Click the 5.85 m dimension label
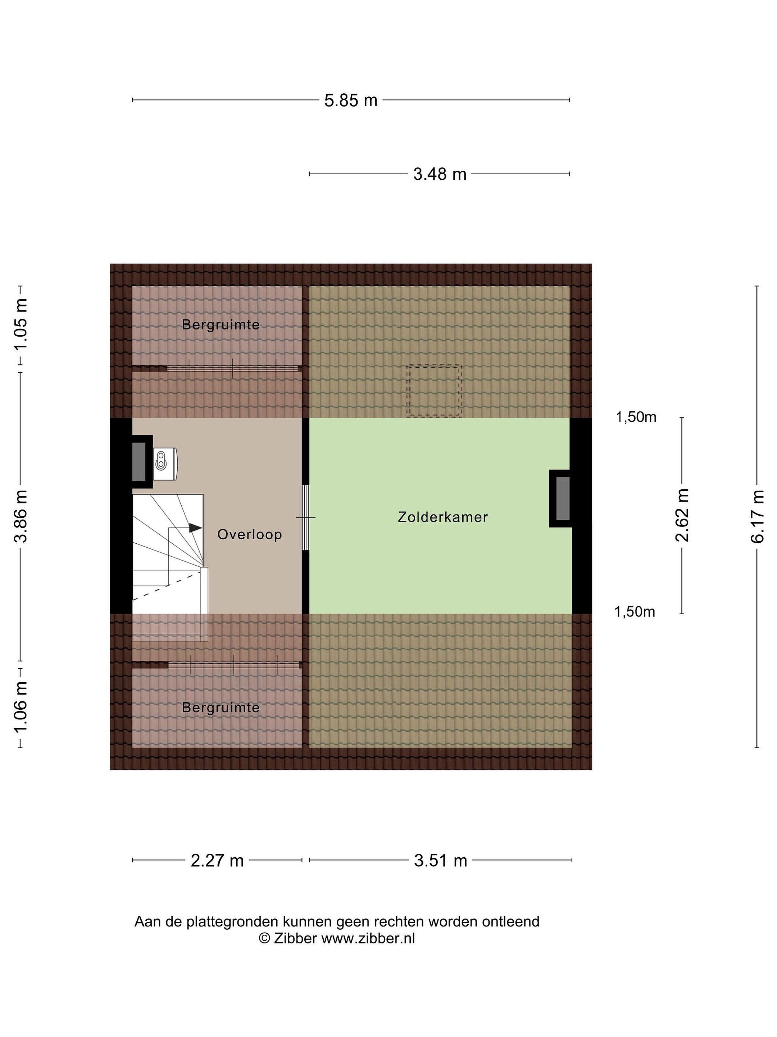click(351, 100)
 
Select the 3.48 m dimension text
click(440, 174)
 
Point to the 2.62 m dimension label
click(682, 515)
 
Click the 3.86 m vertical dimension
click(21, 516)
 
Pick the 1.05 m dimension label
click(21, 324)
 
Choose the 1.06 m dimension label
click(21, 708)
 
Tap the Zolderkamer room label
click(442, 517)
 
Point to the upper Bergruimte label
click(221, 324)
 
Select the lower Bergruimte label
click(221, 708)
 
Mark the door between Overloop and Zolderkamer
click(305, 517)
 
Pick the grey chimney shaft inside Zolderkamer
click(563, 498)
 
